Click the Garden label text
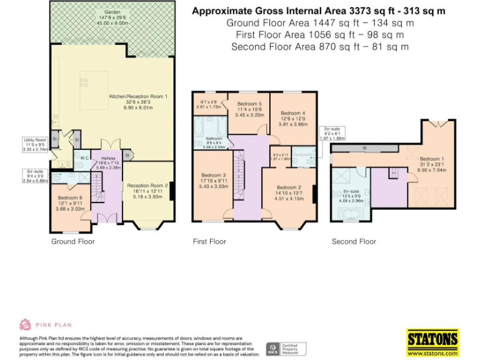[112, 12]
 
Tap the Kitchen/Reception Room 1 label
[139, 96]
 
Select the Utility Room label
[36, 140]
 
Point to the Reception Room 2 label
[148, 186]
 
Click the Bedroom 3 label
[214, 175]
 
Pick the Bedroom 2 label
[289, 187]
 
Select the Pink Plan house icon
[26, 324]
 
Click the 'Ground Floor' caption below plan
[73, 241]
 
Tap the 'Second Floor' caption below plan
[354, 241]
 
